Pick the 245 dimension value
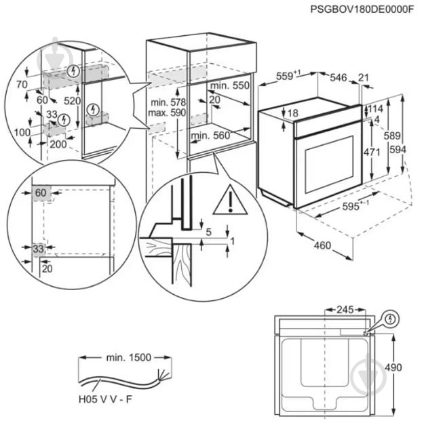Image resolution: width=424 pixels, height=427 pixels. tap(345, 310)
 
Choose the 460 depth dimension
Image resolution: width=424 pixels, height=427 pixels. tap(322, 245)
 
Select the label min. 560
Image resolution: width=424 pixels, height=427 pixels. tap(211, 136)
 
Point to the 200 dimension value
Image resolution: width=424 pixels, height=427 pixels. tap(58, 144)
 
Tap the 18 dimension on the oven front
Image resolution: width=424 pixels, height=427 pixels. tap(293, 113)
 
